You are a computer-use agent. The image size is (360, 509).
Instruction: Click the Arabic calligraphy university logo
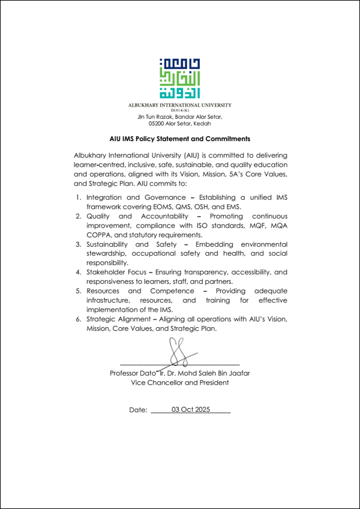180,79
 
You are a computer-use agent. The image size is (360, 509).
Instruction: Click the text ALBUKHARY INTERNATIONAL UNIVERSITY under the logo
180,105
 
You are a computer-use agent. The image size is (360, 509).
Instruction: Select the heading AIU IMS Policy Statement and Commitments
180,138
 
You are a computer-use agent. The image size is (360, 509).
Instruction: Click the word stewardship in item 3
107,254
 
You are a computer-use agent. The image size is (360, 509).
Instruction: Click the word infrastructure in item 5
110,300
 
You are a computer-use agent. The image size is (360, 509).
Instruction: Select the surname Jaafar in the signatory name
238,373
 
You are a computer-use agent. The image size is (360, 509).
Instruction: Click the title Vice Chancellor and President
179,382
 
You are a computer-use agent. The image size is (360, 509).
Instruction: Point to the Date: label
138,410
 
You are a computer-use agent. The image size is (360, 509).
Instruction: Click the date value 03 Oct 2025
191,409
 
